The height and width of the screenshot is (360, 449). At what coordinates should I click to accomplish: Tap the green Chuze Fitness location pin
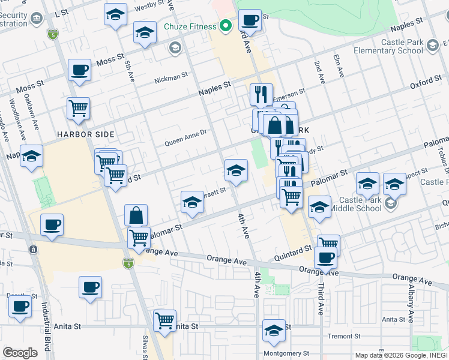point(226,26)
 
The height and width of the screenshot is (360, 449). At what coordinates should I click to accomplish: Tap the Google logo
point(20,353)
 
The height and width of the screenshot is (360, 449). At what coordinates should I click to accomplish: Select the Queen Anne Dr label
point(185,142)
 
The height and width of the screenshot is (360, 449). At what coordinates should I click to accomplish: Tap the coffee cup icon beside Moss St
point(79,71)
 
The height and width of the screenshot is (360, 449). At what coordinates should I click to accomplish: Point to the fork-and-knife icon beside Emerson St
point(261,94)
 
